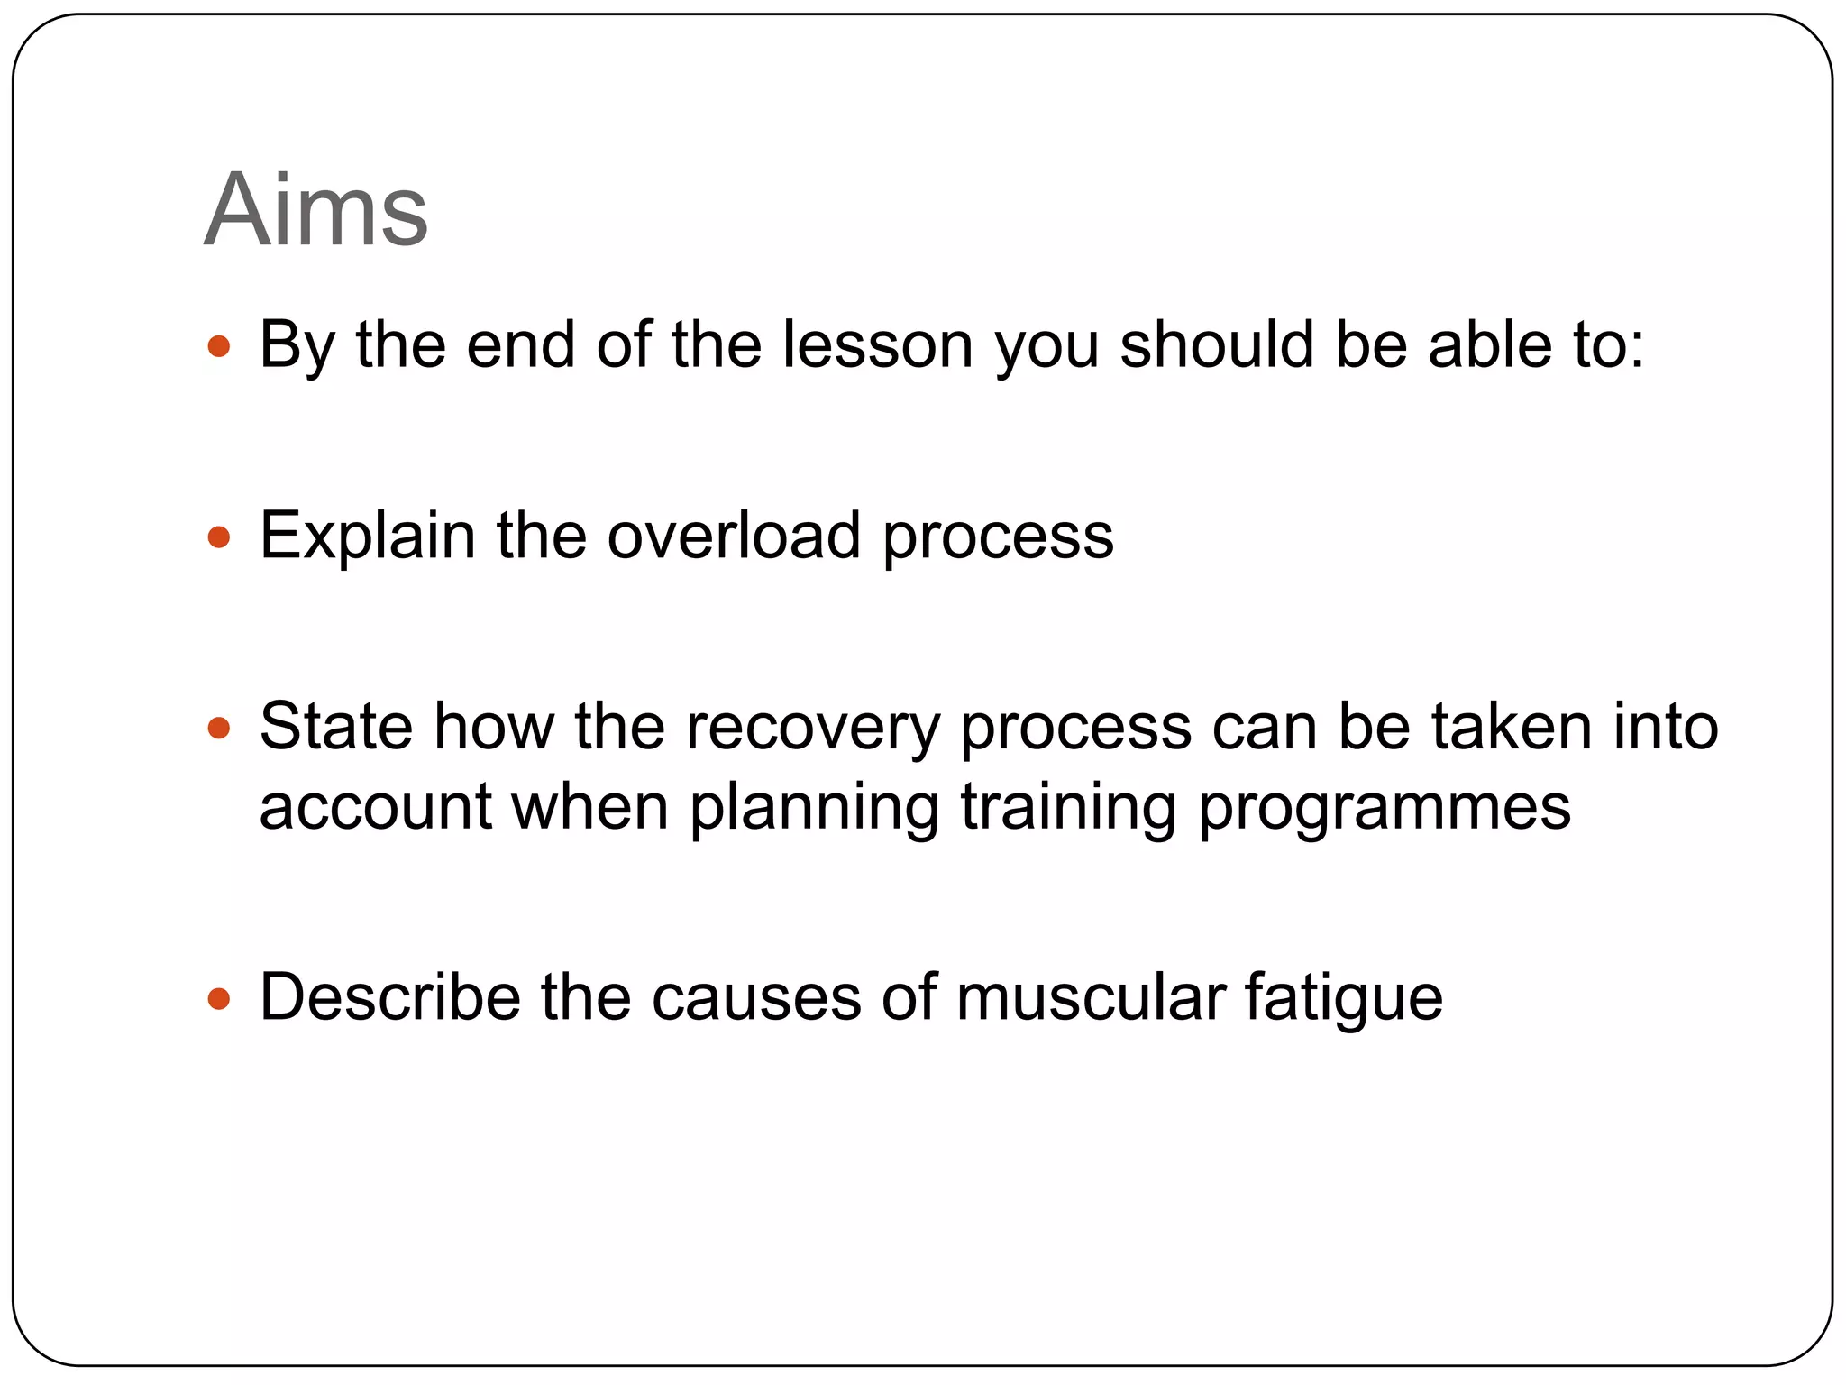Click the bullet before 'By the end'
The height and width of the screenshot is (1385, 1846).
coord(219,346)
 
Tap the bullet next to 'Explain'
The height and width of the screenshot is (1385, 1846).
coord(219,538)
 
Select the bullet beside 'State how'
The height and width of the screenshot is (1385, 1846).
coord(219,728)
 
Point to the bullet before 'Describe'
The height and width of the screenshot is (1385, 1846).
coord(219,999)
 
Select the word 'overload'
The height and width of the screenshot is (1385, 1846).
coord(733,537)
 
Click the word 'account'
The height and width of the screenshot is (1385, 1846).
coord(375,807)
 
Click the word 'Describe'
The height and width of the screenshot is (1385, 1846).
coord(389,997)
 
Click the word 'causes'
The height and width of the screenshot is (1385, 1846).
coord(755,999)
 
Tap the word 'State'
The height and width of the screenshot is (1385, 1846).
coord(336,727)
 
